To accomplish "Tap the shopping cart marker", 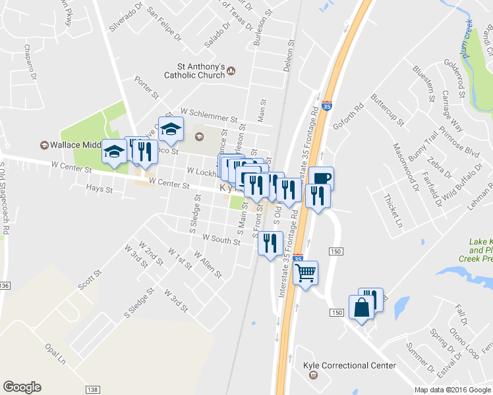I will pyautogui.click(x=305, y=272).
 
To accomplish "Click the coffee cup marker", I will pyautogui.click(x=321, y=178).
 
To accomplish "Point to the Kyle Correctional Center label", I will pyautogui.click(x=349, y=366).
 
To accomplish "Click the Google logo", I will pyautogui.click(x=22, y=387).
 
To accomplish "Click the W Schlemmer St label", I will pyautogui.click(x=208, y=115).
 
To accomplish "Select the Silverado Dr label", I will pyautogui.click(x=126, y=20).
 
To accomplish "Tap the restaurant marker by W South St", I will pyautogui.click(x=272, y=244).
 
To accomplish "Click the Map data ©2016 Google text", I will pyautogui.click(x=453, y=390).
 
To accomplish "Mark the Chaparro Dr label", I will pyautogui.click(x=30, y=61).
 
